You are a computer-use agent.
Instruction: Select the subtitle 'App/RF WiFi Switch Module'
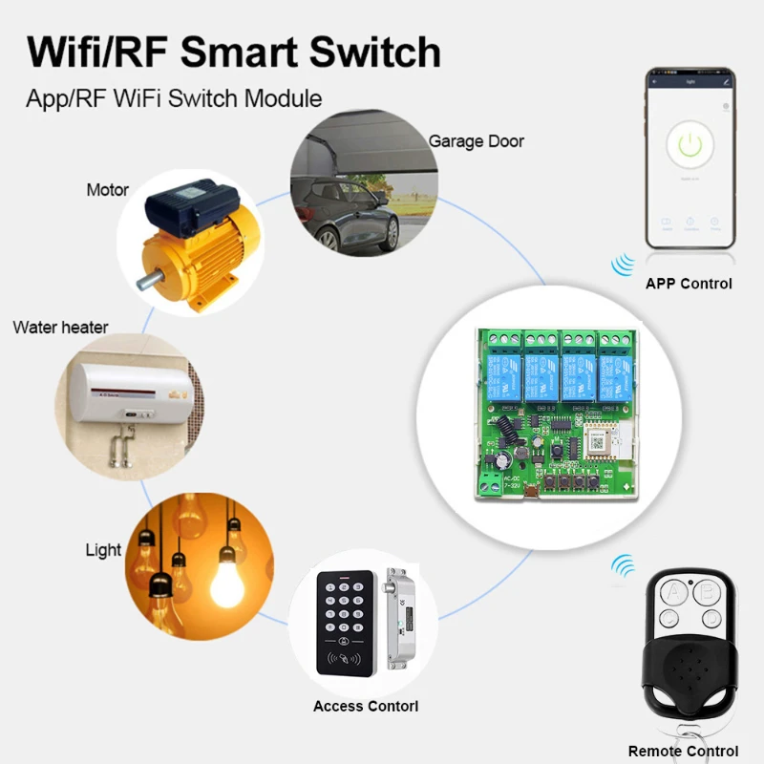click(x=174, y=98)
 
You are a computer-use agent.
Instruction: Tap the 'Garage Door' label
click(x=476, y=141)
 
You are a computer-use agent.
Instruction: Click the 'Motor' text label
click(x=107, y=189)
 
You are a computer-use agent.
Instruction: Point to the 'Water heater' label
click(x=60, y=328)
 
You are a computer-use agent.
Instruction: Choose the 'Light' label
click(x=103, y=550)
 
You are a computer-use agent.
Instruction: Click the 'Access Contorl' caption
click(x=365, y=707)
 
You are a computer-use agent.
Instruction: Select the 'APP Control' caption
click(x=689, y=284)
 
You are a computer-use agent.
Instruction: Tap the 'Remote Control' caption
click(x=683, y=752)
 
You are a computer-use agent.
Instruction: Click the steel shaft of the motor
click(x=149, y=282)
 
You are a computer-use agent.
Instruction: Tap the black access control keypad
click(x=347, y=621)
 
